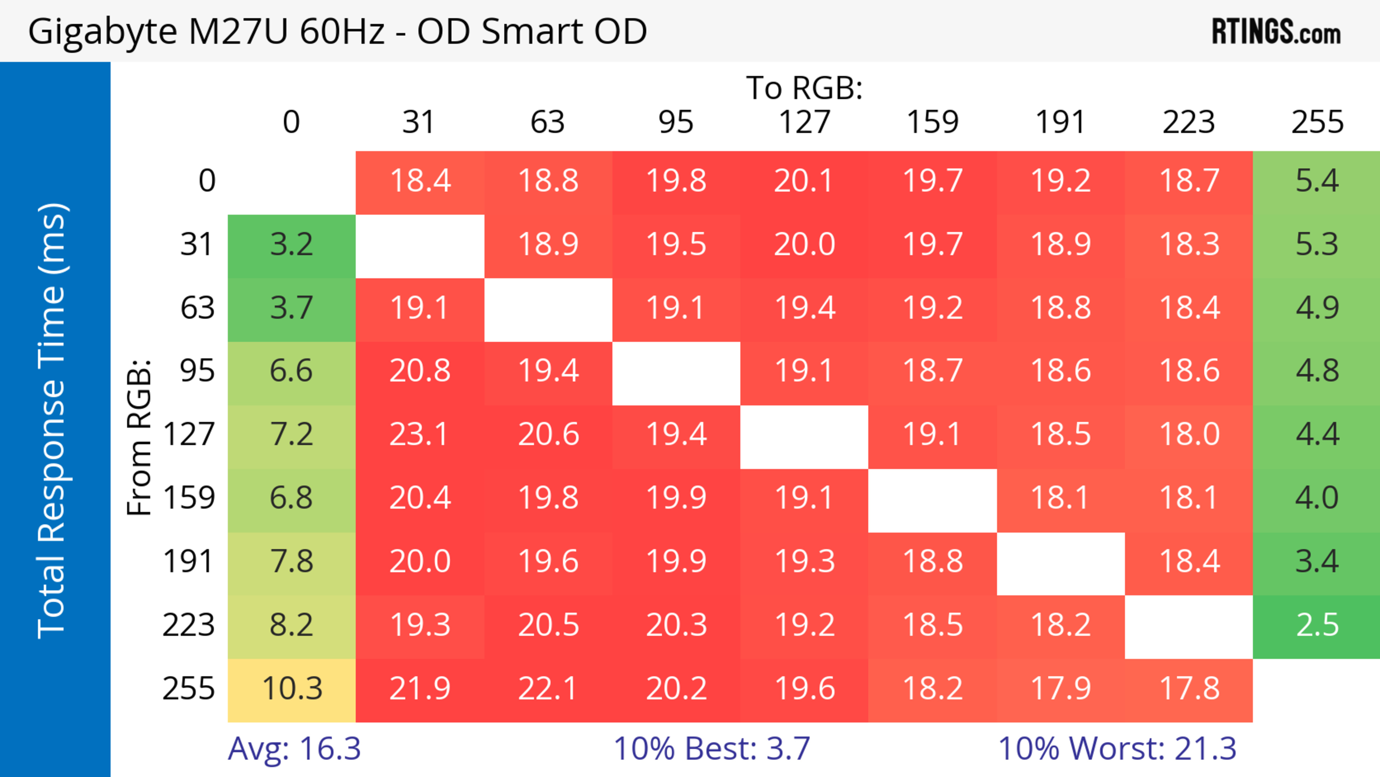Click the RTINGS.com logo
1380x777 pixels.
coord(1276,32)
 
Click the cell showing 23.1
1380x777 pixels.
coord(419,434)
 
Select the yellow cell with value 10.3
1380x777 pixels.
coord(291,689)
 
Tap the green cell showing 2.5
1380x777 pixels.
coord(1316,625)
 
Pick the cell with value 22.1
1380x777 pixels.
coord(548,689)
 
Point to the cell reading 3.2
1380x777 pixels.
coord(291,245)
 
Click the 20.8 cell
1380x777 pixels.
coord(419,371)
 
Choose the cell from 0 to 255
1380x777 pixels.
coord(1316,181)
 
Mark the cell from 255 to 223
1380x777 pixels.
coord(1189,689)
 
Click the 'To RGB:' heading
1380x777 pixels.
coord(804,88)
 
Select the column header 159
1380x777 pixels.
coord(932,122)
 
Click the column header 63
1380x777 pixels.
coord(547,122)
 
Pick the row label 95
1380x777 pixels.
coord(197,371)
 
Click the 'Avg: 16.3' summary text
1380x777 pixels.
coord(294,749)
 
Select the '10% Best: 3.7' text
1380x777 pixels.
coord(712,749)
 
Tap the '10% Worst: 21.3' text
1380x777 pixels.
coord(1117,749)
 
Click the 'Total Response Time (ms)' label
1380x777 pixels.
coord(52,421)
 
